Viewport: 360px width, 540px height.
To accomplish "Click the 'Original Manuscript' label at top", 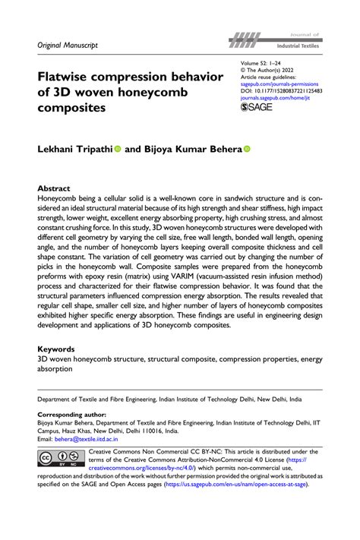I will pyautogui.click(x=68, y=46).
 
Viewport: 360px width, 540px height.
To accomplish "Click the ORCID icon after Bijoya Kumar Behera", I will pyautogui.click(x=246, y=150).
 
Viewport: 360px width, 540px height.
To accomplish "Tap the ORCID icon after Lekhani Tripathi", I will pyautogui.click(x=118, y=150).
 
